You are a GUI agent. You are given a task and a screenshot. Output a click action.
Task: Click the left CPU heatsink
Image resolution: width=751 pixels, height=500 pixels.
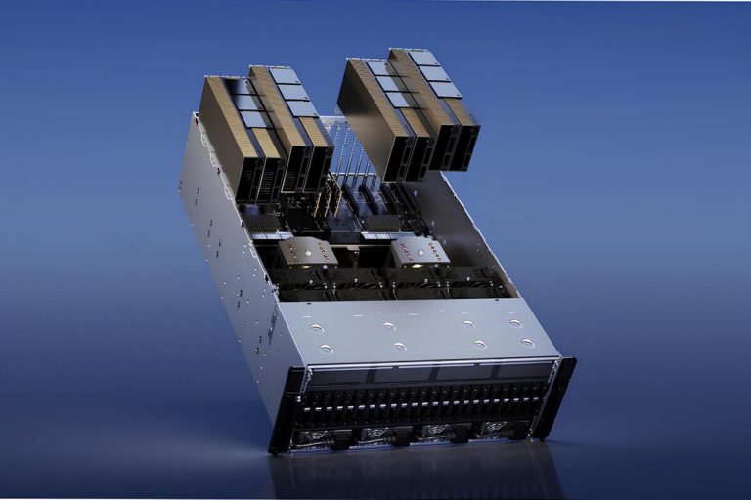pos(306,252)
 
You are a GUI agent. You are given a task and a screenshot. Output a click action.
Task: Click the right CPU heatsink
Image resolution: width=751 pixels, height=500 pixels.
pos(419,251)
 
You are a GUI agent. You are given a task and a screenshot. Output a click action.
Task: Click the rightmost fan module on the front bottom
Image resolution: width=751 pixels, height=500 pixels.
pos(497,428)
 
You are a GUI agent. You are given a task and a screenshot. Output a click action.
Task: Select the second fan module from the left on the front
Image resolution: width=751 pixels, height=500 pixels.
pos(376,433)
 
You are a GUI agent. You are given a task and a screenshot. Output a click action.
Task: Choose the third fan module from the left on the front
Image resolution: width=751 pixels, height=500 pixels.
pos(436,430)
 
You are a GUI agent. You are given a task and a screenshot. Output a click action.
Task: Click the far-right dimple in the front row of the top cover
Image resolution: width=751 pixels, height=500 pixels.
pos(528,343)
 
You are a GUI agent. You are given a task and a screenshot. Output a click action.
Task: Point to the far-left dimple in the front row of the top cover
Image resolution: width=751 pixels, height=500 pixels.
pos(327,349)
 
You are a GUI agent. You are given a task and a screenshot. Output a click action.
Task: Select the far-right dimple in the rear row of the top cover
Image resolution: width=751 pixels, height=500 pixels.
pos(515,323)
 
